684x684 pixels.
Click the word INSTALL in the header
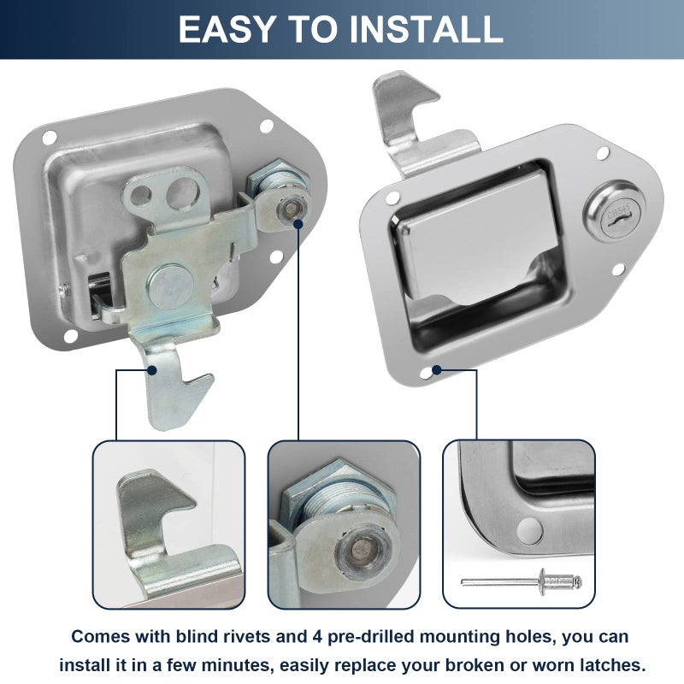(426, 29)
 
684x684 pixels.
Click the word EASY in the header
(226, 29)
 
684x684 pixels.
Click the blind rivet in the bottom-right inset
(522, 581)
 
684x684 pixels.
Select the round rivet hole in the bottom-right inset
(529, 532)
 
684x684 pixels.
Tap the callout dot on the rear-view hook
(152, 370)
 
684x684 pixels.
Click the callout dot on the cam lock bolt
(298, 224)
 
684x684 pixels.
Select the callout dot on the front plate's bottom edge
(437, 370)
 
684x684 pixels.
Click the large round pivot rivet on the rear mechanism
(169, 286)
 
